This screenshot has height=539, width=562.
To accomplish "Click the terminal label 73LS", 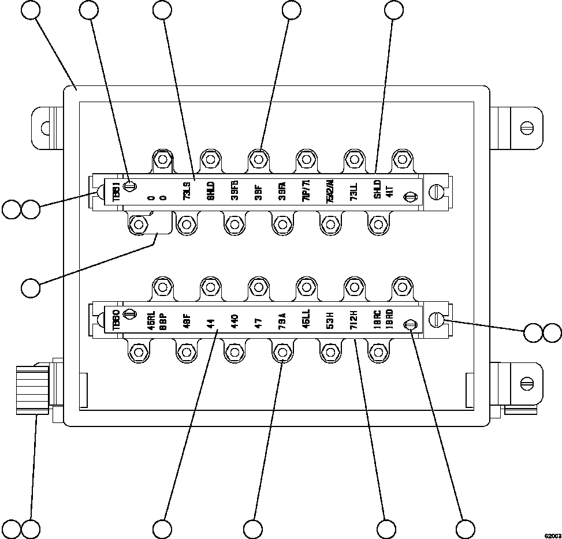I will (187, 194).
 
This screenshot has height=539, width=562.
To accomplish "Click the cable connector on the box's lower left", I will (32, 390).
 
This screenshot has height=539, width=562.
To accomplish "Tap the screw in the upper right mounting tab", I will (526, 128).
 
